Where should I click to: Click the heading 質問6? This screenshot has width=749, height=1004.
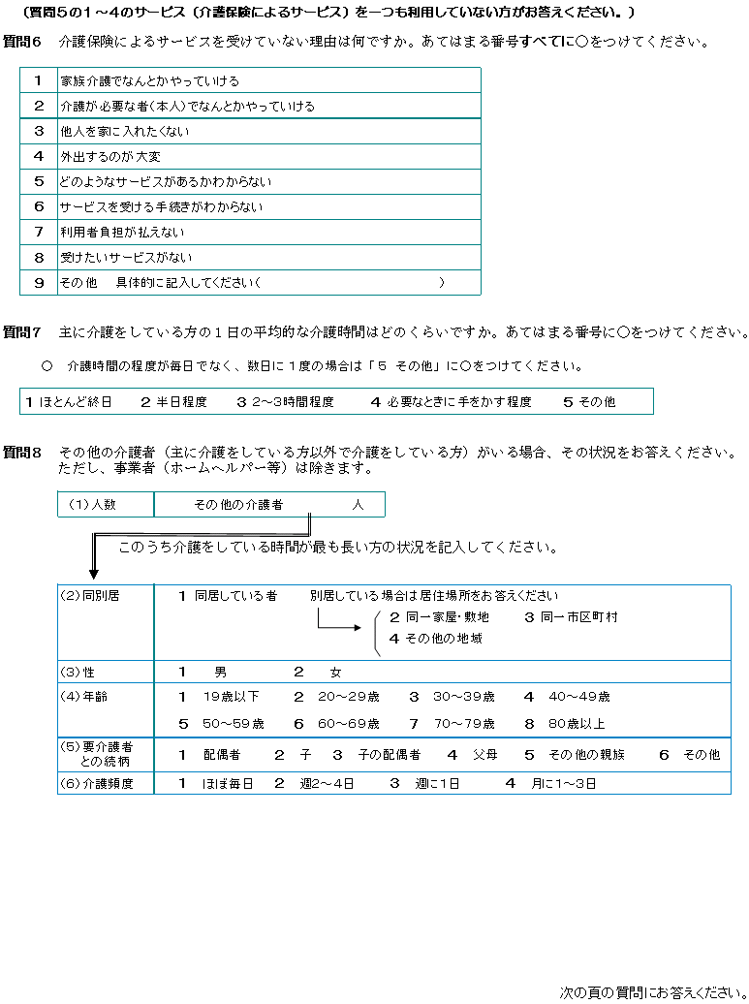click(x=22, y=43)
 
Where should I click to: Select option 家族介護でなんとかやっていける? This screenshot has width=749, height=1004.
click(x=149, y=81)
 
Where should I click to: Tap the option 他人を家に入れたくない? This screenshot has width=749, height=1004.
click(x=124, y=132)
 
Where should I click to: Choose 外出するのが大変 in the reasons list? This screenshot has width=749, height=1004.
click(x=109, y=157)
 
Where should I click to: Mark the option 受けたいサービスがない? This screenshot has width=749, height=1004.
click(x=126, y=258)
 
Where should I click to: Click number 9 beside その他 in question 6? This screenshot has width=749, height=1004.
click(x=39, y=283)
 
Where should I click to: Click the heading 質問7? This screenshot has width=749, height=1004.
click(x=22, y=332)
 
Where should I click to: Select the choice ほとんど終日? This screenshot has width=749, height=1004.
click(x=70, y=401)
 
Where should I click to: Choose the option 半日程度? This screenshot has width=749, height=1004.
click(x=174, y=401)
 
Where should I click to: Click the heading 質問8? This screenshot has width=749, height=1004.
click(x=22, y=453)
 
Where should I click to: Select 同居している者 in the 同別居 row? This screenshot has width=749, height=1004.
click(x=229, y=596)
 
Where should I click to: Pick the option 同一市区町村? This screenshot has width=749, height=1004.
click(x=572, y=617)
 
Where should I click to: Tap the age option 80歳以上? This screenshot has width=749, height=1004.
click(x=576, y=724)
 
